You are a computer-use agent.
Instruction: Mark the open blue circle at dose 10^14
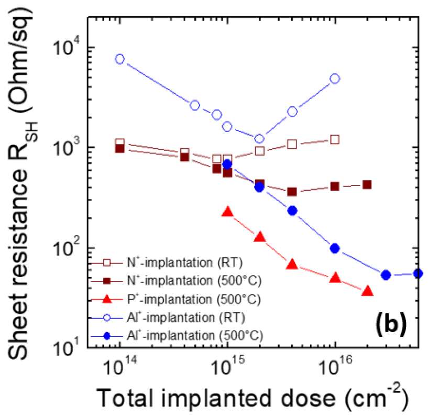(x=120, y=59)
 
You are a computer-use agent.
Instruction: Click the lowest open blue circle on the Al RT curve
(x=259, y=139)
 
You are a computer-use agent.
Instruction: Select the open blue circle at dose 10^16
(x=335, y=79)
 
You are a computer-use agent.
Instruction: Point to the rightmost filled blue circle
(x=417, y=273)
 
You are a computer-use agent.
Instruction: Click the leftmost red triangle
(x=227, y=212)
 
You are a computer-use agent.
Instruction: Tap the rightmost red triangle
(x=368, y=291)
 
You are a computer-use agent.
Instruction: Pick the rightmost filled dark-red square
(x=367, y=185)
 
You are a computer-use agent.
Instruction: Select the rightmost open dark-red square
(x=335, y=139)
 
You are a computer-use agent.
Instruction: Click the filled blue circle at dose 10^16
(x=335, y=248)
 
